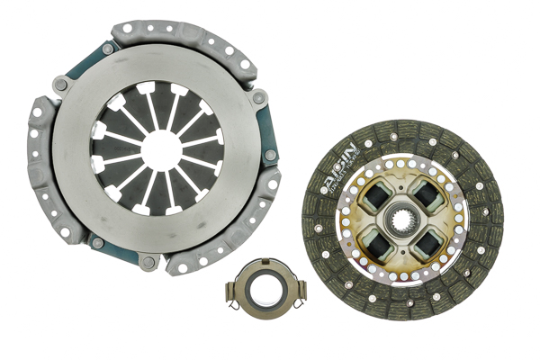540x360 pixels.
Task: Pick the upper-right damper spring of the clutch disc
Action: [425, 193]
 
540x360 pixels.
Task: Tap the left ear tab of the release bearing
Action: [232, 290]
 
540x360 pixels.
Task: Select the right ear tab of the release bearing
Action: [300, 290]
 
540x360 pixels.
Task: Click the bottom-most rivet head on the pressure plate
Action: [149, 262]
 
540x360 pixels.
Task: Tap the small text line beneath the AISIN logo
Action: [340, 180]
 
